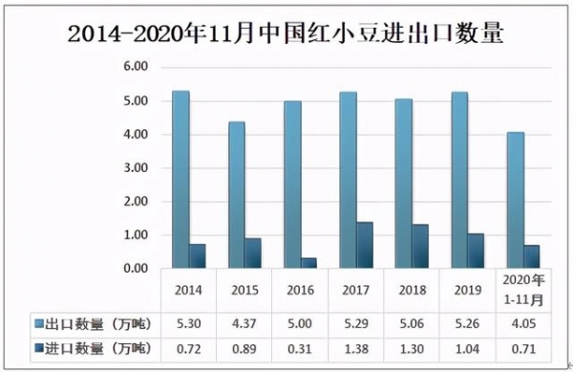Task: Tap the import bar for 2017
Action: (366, 246)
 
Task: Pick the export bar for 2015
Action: (236, 195)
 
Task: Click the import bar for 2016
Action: (309, 263)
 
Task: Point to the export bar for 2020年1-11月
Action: (515, 201)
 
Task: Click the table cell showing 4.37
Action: (244, 323)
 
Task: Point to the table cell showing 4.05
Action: (521, 323)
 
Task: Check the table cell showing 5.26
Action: (466, 323)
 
